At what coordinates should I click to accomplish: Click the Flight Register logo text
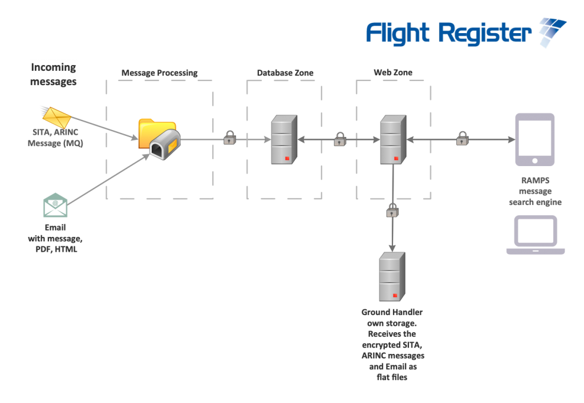click(x=449, y=34)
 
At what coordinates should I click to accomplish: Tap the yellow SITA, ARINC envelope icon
click(x=56, y=117)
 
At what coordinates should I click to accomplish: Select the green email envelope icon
click(x=55, y=205)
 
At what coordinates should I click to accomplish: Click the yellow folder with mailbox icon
click(x=160, y=139)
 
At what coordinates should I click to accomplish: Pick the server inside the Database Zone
click(x=284, y=139)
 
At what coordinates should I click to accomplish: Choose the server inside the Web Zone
click(x=393, y=139)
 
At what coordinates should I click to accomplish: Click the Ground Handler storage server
click(x=392, y=277)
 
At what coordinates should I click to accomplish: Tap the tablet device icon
click(x=535, y=139)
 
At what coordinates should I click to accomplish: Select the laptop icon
click(x=536, y=235)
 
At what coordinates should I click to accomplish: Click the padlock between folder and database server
click(x=229, y=138)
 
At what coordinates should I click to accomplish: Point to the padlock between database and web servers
click(x=340, y=139)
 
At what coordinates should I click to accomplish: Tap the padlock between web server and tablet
click(x=462, y=138)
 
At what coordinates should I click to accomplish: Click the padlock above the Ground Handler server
click(x=392, y=210)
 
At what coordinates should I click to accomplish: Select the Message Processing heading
click(x=160, y=72)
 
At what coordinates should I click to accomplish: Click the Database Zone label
click(x=285, y=72)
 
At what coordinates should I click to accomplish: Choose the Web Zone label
click(x=393, y=72)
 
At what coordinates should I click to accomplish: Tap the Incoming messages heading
click(x=53, y=74)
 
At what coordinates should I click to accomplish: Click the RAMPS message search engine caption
click(x=535, y=191)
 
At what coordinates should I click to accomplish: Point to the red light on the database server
click(x=287, y=159)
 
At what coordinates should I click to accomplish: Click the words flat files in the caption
click(x=392, y=377)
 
